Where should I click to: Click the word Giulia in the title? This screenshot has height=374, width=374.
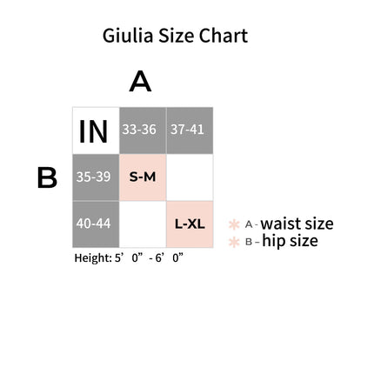pos(128,36)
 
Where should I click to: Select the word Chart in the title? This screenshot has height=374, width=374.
pos(224,36)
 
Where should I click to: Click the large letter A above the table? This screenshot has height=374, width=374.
pos(140,82)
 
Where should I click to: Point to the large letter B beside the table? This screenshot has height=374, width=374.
pos(47,177)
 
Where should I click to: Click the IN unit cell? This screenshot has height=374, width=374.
pos(96,130)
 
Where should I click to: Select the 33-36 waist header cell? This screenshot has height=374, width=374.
pos(143,130)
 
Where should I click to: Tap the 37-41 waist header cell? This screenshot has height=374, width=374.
pos(190,130)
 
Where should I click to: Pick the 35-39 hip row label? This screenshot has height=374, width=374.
pos(96,177)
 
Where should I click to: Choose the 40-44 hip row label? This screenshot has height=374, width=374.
pos(96,224)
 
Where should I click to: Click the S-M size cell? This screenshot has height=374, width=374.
pos(143,177)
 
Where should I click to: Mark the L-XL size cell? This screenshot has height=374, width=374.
pos(190,224)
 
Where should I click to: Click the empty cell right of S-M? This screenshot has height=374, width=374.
pos(190,177)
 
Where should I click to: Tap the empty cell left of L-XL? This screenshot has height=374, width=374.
pos(143,224)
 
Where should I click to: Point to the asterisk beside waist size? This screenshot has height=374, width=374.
pos(234,224)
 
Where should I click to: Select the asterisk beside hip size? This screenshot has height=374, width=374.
pos(234,242)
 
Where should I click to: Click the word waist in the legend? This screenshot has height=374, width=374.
pos(280,224)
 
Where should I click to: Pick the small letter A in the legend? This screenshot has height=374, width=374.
pos(249,224)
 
